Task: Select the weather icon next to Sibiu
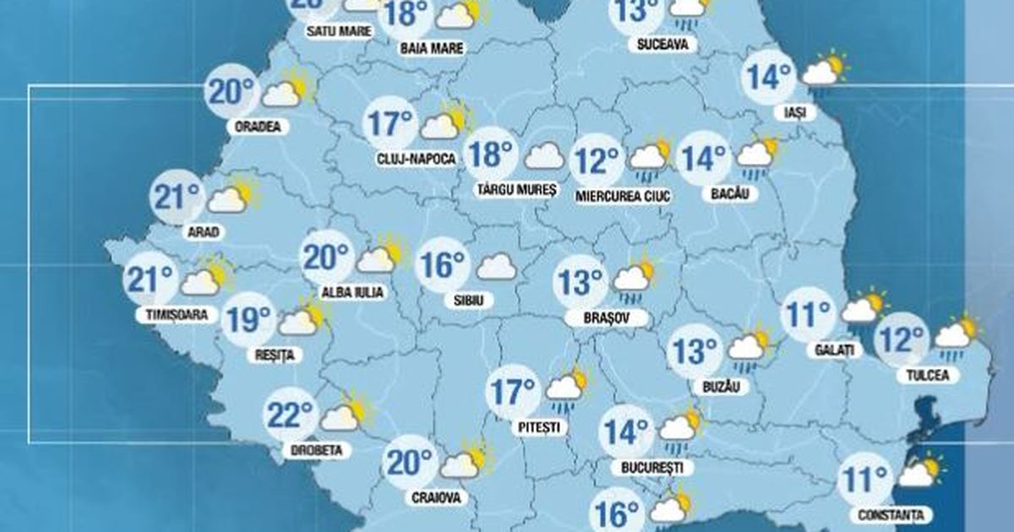pyautogui.click(x=497, y=266)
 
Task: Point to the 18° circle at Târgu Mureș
pyautogui.click(x=492, y=155)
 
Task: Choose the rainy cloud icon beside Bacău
pyautogui.click(x=756, y=155)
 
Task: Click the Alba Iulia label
pyautogui.click(x=352, y=292)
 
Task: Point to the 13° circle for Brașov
pyautogui.click(x=580, y=282)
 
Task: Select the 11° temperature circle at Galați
pyautogui.click(x=808, y=315)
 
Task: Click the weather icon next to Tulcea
pyautogui.click(x=956, y=333)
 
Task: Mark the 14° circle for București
pyautogui.click(x=626, y=432)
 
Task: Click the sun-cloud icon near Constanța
pyautogui.click(x=919, y=473)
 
